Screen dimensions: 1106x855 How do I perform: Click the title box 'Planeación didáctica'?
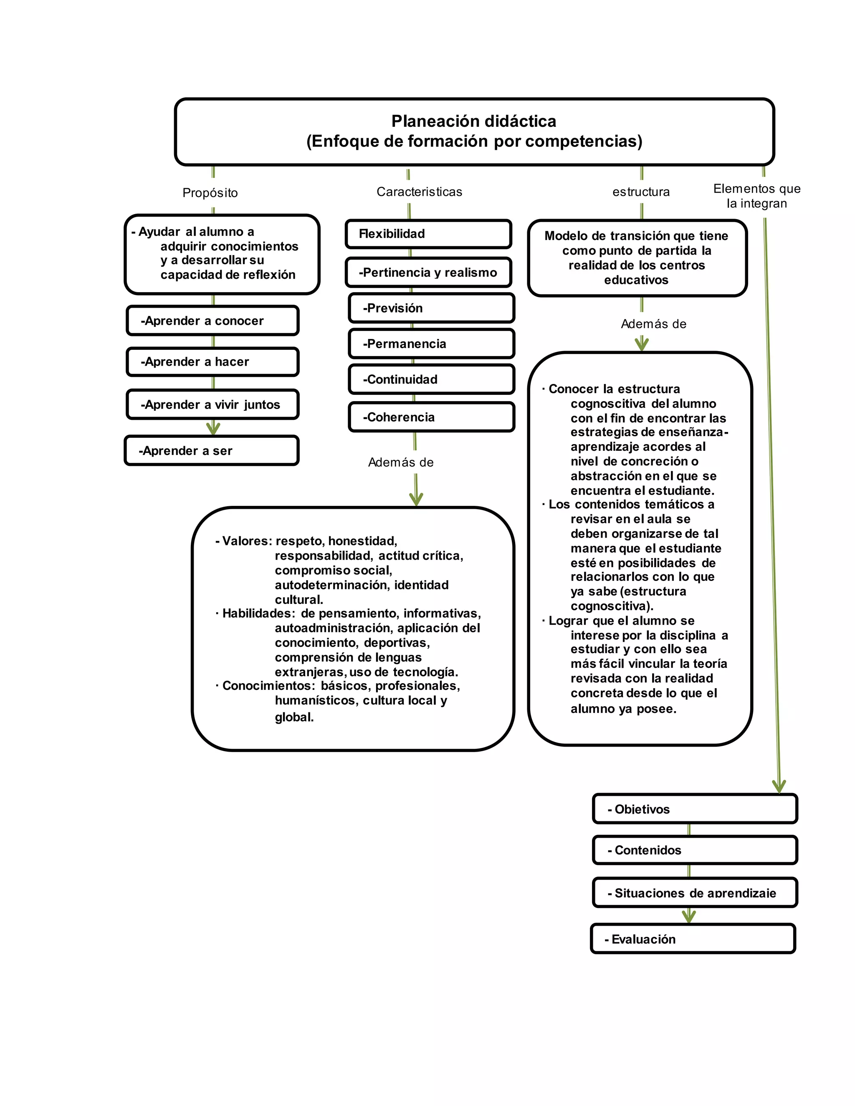(x=474, y=131)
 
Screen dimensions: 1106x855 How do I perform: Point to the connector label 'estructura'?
(x=641, y=192)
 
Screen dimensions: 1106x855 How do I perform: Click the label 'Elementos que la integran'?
(x=757, y=196)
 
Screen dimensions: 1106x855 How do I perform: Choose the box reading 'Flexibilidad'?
(x=428, y=234)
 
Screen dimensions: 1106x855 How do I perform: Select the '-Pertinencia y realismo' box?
(x=428, y=273)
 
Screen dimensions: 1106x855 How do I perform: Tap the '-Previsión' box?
(x=431, y=308)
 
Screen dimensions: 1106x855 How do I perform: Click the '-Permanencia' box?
(x=431, y=344)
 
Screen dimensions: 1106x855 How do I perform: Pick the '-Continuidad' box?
(x=431, y=379)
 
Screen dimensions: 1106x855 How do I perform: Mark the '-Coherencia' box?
(x=431, y=417)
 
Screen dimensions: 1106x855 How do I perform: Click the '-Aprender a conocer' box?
(x=212, y=321)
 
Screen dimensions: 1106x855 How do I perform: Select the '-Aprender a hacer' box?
(x=212, y=361)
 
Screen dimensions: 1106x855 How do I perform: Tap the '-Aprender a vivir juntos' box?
(x=212, y=404)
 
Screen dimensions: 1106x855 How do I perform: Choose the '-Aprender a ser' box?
(x=211, y=451)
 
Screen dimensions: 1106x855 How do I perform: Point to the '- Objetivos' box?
(x=694, y=809)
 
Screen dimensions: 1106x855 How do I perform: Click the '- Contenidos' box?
(x=694, y=850)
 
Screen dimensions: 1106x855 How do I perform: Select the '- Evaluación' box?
(x=693, y=939)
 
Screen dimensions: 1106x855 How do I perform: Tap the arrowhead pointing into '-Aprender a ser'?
(x=213, y=429)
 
